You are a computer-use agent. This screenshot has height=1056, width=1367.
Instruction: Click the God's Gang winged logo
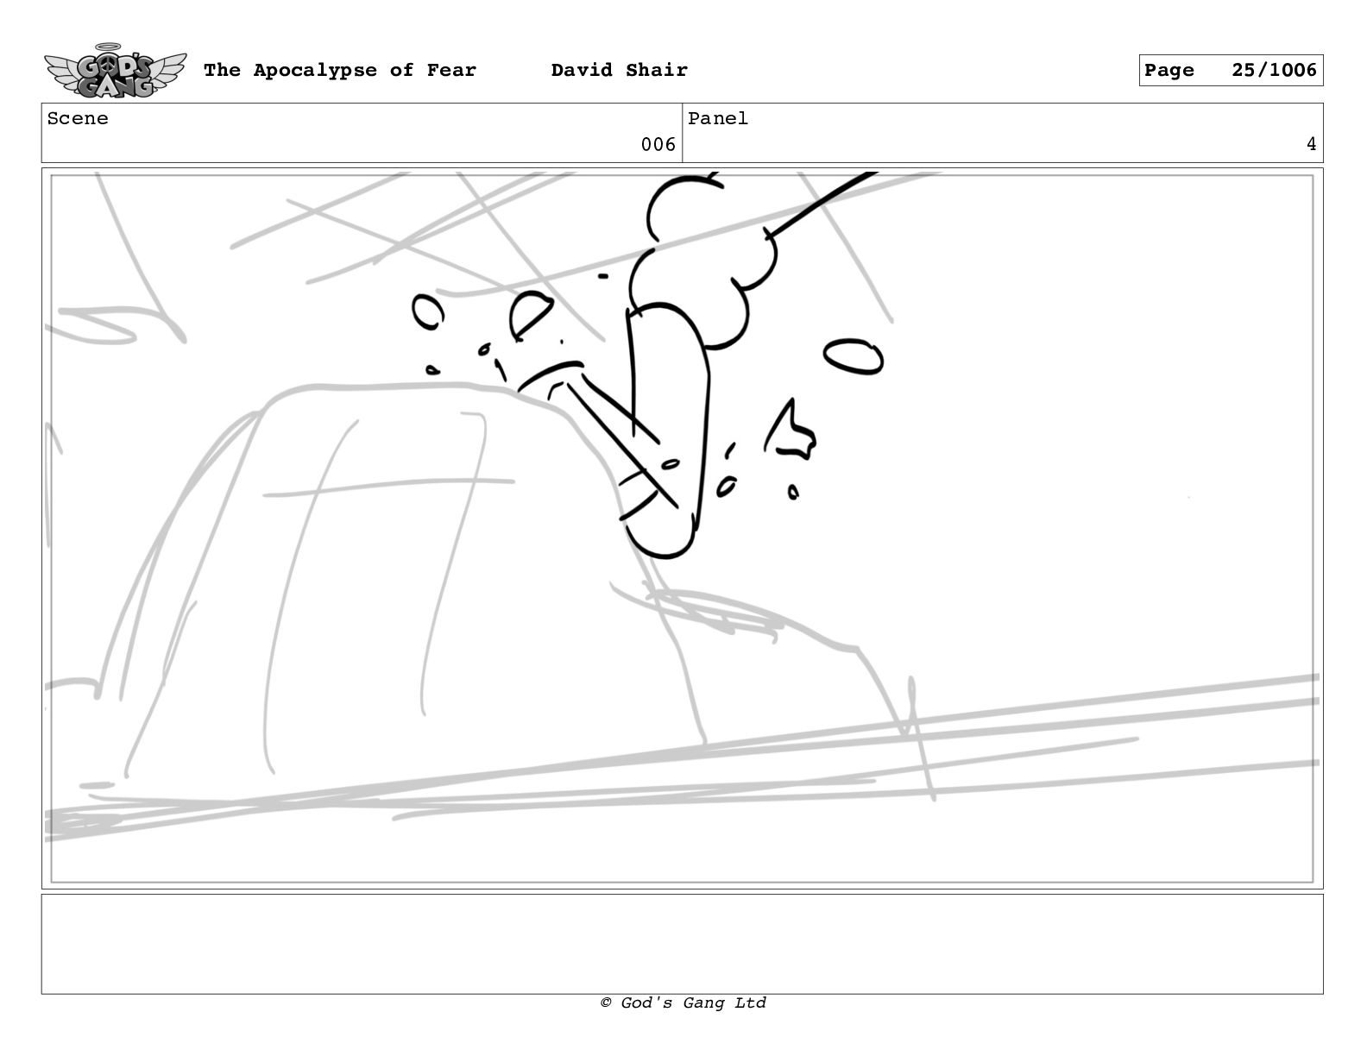(115, 71)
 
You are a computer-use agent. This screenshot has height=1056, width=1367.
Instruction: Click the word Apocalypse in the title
(315, 71)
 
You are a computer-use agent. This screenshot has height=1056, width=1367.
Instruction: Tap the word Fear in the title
(451, 70)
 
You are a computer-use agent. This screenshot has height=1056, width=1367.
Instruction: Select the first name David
(582, 70)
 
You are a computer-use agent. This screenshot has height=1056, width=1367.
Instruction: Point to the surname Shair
(656, 70)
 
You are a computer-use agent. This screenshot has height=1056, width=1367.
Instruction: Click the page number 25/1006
(1274, 70)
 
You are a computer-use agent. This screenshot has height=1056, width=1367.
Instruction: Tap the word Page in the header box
(1169, 71)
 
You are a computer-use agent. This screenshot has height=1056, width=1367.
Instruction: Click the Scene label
(78, 118)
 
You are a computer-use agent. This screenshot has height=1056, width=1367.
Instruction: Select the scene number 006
(658, 145)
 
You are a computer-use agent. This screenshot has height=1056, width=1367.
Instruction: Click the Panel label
(718, 118)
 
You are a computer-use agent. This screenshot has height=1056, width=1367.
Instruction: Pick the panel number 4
(1311, 145)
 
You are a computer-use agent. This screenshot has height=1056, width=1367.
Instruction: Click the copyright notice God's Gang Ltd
(683, 1003)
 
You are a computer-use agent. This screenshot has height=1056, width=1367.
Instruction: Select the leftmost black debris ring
(428, 312)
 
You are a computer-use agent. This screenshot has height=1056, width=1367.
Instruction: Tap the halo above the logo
(108, 46)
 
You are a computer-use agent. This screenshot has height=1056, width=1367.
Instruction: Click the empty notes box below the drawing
(683, 944)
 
